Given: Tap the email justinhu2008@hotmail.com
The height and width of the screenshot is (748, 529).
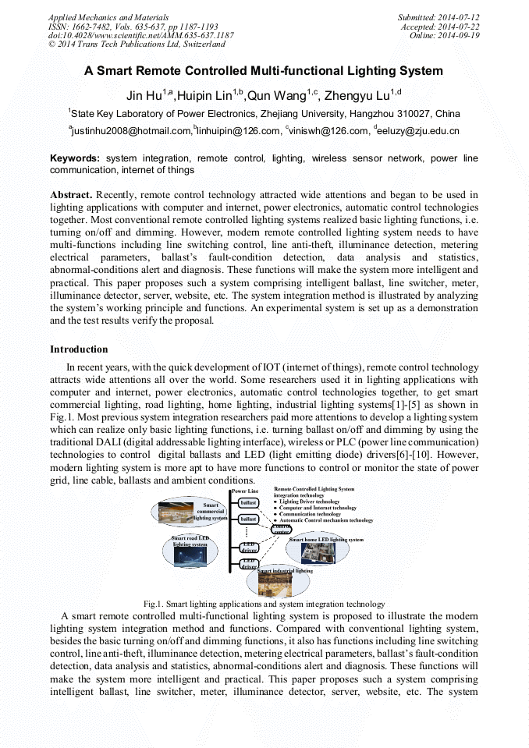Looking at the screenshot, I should [132, 131].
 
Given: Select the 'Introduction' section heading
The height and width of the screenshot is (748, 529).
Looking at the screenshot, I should [79, 349].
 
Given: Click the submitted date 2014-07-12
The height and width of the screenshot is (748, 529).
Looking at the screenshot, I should [459, 16].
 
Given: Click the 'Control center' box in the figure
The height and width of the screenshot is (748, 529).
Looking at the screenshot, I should [281, 529].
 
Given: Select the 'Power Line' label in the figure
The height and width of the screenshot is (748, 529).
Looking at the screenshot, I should [245, 491].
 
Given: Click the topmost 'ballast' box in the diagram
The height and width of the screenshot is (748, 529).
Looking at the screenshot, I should [248, 503].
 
